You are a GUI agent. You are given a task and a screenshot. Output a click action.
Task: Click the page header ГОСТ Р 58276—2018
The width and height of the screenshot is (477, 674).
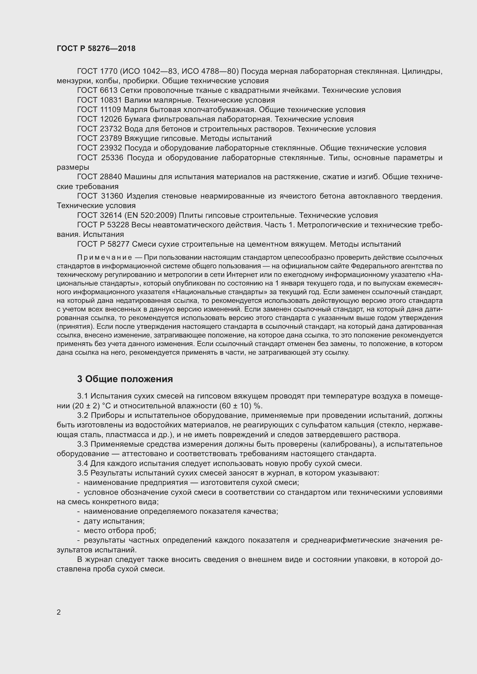(96, 48)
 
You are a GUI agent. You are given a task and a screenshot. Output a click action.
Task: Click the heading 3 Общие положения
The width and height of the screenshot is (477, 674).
(125, 379)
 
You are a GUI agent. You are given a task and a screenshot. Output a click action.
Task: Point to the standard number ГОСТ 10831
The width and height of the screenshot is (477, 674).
(99, 100)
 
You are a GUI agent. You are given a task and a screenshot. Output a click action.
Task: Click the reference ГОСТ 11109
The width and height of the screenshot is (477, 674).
(99, 110)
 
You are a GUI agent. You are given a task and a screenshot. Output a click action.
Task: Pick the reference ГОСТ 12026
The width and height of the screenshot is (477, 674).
(99, 119)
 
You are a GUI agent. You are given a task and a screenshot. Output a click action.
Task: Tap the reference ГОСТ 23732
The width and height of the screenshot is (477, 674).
(99, 129)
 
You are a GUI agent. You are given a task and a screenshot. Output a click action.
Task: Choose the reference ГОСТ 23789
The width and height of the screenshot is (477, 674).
(99, 138)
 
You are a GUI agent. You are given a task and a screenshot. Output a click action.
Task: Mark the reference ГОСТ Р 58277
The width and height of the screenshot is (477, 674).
(103, 244)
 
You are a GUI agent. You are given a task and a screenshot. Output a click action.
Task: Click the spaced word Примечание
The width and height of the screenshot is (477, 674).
(104, 257)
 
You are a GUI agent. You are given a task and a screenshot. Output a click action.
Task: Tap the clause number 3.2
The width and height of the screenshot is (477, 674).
(82, 416)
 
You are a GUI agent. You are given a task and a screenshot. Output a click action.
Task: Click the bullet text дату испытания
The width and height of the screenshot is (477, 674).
(114, 521)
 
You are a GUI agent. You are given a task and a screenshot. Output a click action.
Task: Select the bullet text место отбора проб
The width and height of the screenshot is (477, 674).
(120, 531)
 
